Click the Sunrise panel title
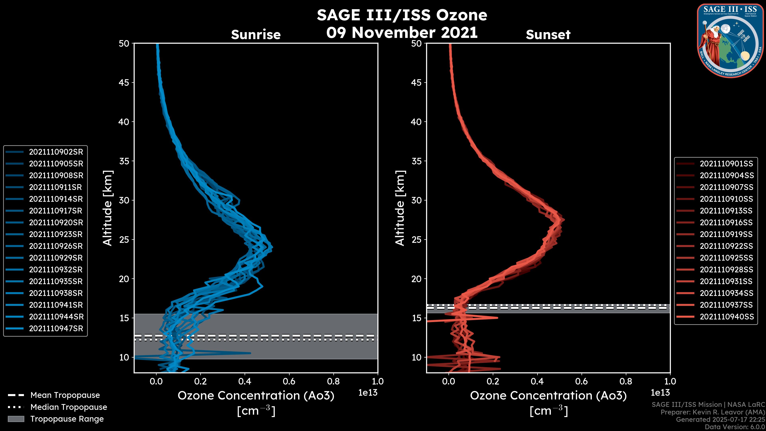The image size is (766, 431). (256, 35)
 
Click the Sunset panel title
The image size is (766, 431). (548, 35)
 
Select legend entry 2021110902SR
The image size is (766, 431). (56, 152)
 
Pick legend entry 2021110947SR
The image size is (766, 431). (56, 329)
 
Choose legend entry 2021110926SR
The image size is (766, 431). (56, 246)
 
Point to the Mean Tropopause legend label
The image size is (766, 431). (65, 395)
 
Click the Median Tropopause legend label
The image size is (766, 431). (69, 407)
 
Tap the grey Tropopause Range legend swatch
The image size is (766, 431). (16, 419)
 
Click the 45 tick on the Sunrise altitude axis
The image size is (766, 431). (124, 83)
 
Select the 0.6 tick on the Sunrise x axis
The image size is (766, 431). (289, 381)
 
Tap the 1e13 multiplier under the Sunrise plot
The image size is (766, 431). (368, 393)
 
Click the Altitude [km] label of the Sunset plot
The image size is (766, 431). (400, 208)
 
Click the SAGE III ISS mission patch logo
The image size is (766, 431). (729, 41)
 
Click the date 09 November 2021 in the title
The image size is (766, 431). (402, 33)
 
